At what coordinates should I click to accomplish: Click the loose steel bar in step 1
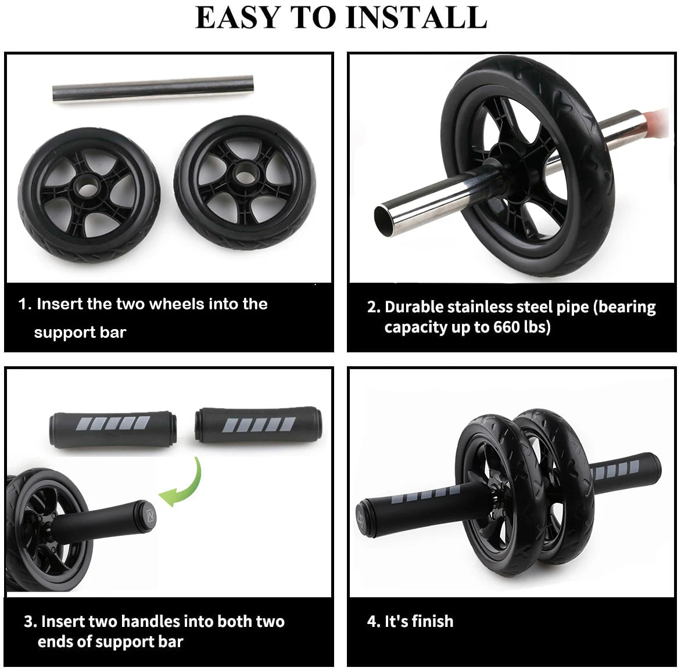pos(153,90)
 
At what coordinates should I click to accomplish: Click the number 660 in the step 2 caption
pos(507,327)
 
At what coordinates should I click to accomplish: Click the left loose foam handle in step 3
pos(111,428)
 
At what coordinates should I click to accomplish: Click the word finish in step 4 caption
pos(431,621)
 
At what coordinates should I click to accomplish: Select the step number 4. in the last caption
pos(373,621)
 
